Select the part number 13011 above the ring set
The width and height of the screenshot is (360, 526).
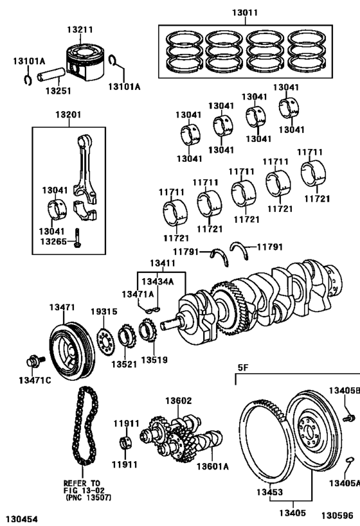pos(246,12)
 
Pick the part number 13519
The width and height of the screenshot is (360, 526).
pos(154,360)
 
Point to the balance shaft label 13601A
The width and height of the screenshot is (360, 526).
pos(212,466)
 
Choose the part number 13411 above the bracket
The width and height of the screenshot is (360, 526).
pos(162,263)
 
